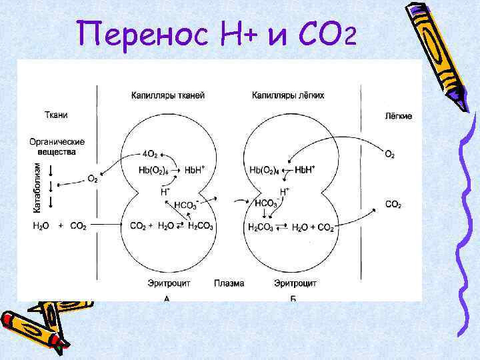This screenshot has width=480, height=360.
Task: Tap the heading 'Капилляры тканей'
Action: tap(168, 95)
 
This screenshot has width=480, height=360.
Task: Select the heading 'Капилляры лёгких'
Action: tap(288, 95)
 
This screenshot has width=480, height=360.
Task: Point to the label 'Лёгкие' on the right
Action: tap(399, 116)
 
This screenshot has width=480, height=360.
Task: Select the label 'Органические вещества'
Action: tap(57, 147)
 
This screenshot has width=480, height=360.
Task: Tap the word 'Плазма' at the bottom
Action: tap(229, 283)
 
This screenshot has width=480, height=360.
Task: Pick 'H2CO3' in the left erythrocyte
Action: tap(201, 227)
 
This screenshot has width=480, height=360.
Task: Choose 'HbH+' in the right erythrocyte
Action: tap(305, 170)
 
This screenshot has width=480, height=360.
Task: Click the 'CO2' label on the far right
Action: tap(393, 204)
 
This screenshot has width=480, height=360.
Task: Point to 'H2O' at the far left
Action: tap(41, 227)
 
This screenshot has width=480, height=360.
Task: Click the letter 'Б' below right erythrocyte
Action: tap(293, 299)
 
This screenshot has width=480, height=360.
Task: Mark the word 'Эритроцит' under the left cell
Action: tap(169, 283)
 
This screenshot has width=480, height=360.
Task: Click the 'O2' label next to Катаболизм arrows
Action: tap(93, 179)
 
